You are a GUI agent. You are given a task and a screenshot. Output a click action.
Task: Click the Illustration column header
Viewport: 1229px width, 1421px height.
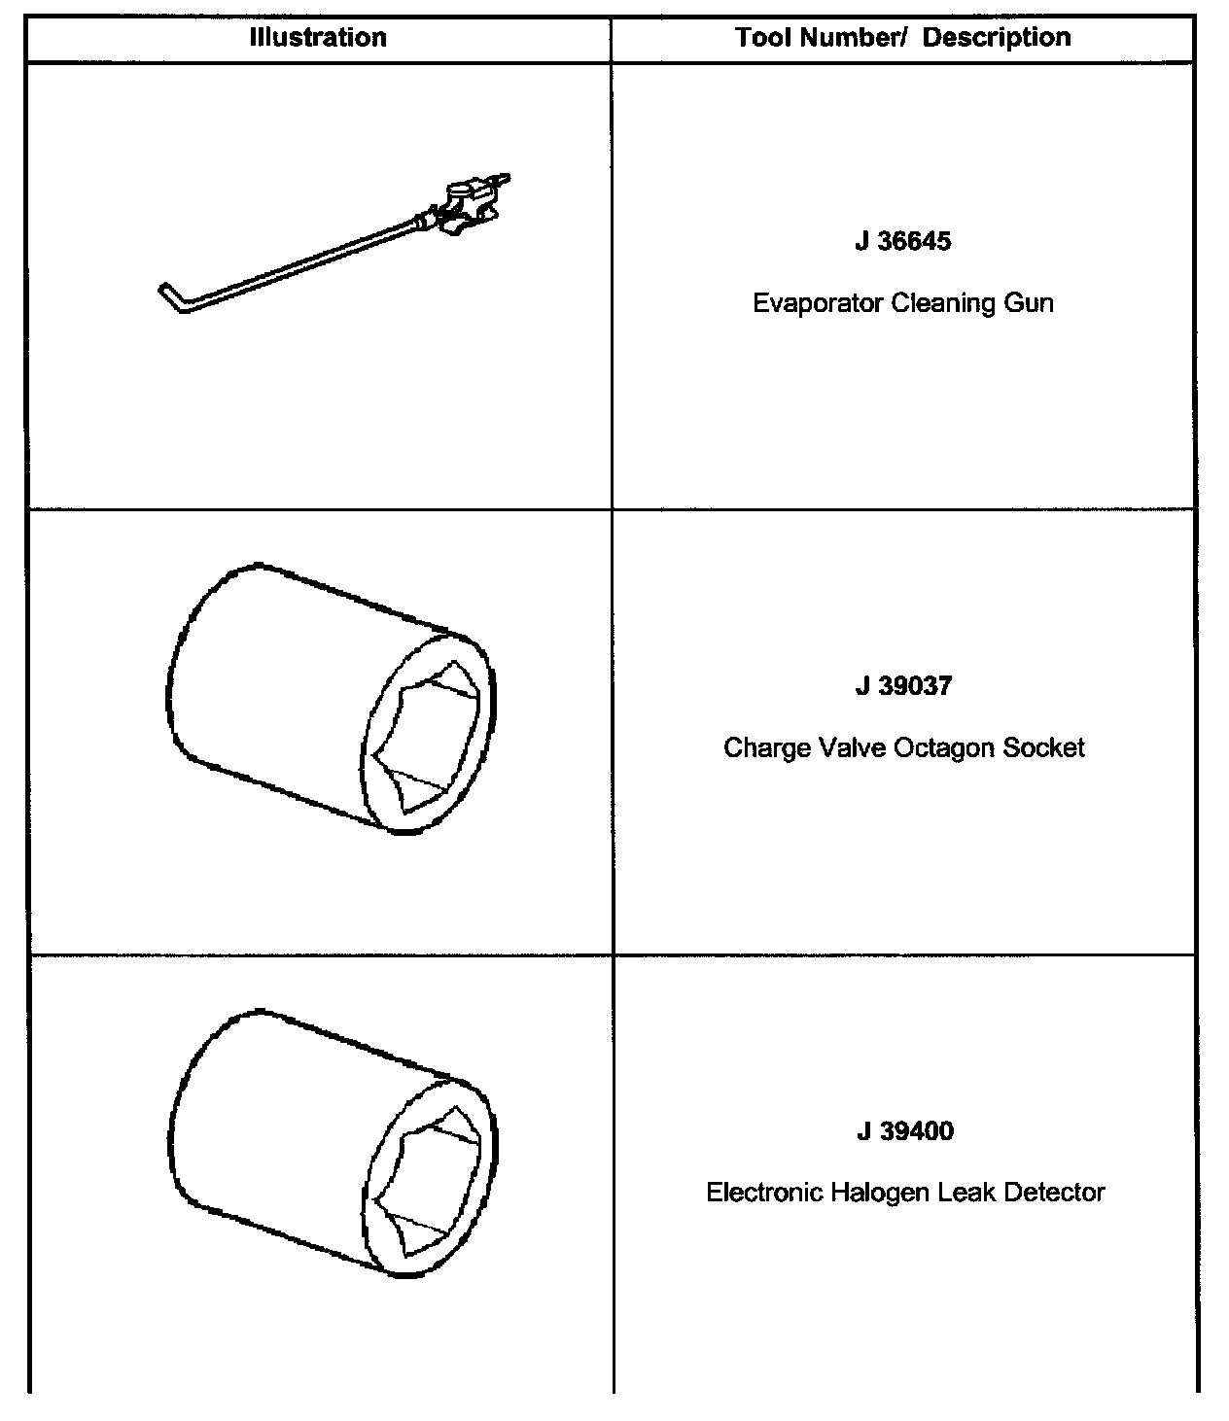(x=318, y=38)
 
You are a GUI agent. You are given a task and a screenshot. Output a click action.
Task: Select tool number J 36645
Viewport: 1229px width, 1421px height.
(x=903, y=241)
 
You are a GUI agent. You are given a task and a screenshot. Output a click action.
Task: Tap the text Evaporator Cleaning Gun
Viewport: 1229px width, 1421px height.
(x=903, y=303)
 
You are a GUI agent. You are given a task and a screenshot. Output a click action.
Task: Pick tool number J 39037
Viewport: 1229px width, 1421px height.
(x=903, y=686)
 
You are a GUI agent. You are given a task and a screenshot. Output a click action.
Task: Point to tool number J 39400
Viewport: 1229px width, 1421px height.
(x=904, y=1131)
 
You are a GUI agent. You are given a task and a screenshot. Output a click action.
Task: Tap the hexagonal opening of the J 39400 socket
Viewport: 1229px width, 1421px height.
(x=430, y=1181)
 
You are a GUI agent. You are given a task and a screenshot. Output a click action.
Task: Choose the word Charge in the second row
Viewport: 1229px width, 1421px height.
(x=760, y=748)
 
